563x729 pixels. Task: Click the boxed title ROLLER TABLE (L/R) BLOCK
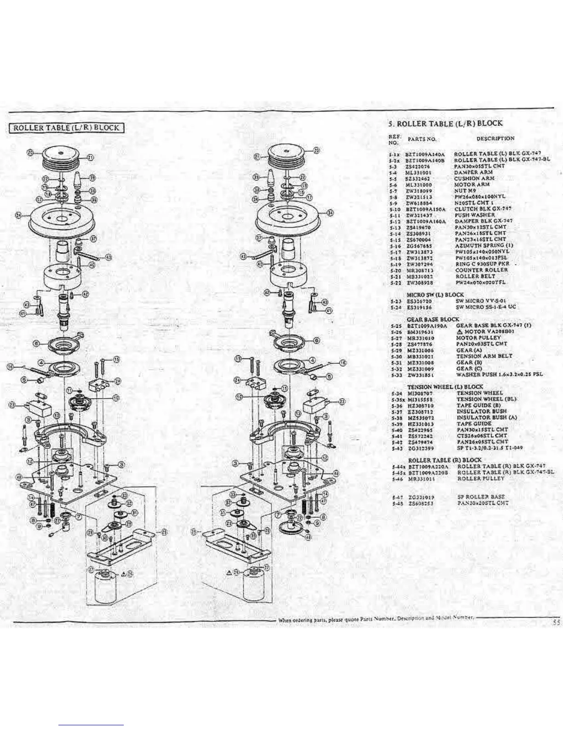pos(67,127)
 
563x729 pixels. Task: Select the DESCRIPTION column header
pos(495,138)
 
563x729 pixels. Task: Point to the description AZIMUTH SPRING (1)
pos(480,246)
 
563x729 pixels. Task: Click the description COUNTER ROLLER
pos(481,270)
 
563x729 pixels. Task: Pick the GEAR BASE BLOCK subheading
pos(433,319)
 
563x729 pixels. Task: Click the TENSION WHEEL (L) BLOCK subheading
pos(445,387)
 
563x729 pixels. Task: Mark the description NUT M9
pos(465,190)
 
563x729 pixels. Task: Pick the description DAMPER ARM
pos(473,172)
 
